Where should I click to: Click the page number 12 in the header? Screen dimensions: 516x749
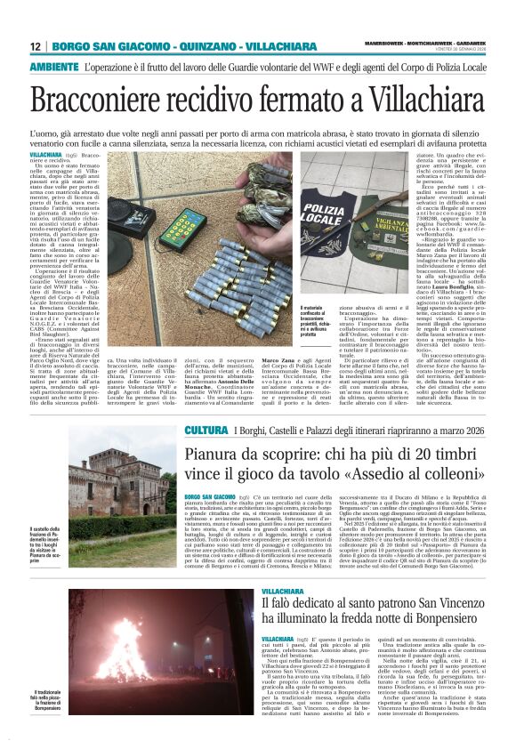(x=36, y=46)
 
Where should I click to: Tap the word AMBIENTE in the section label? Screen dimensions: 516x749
(x=54, y=67)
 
